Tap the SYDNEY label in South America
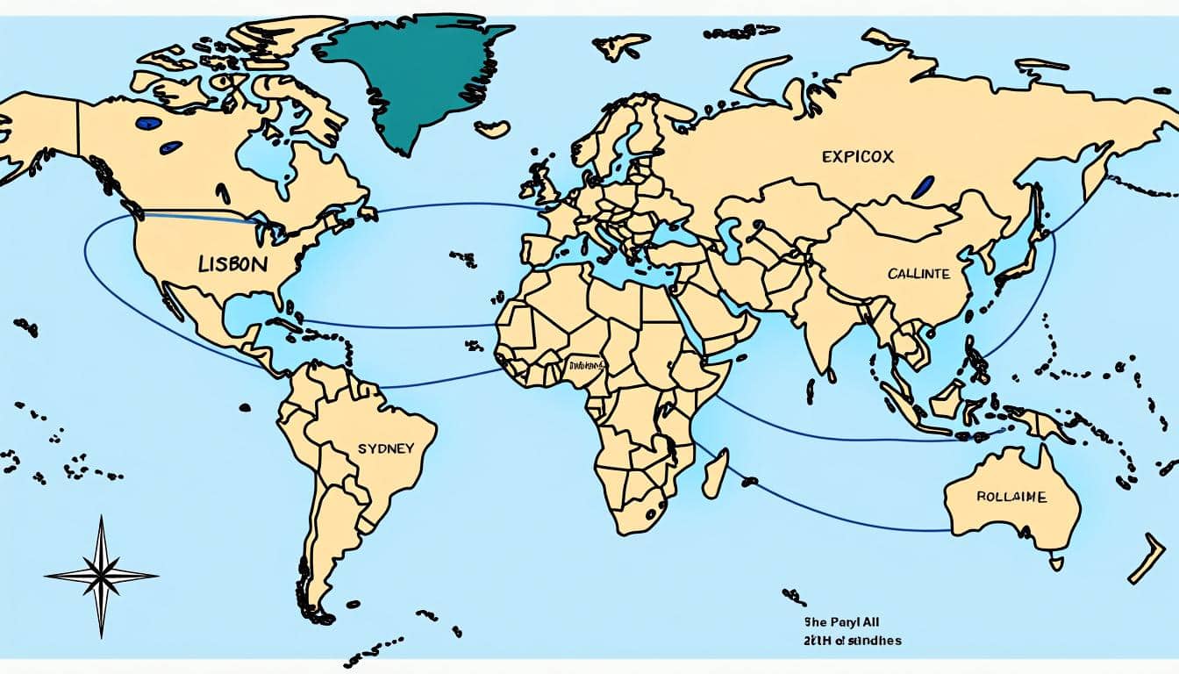[x=385, y=448]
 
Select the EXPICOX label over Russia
[x=857, y=157]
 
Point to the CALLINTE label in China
[x=918, y=274]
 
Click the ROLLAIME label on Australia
[x=1011, y=497]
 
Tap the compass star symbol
[x=101, y=576]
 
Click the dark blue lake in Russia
[x=922, y=186]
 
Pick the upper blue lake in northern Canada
[x=148, y=124]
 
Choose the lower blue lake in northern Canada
[x=170, y=147]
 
